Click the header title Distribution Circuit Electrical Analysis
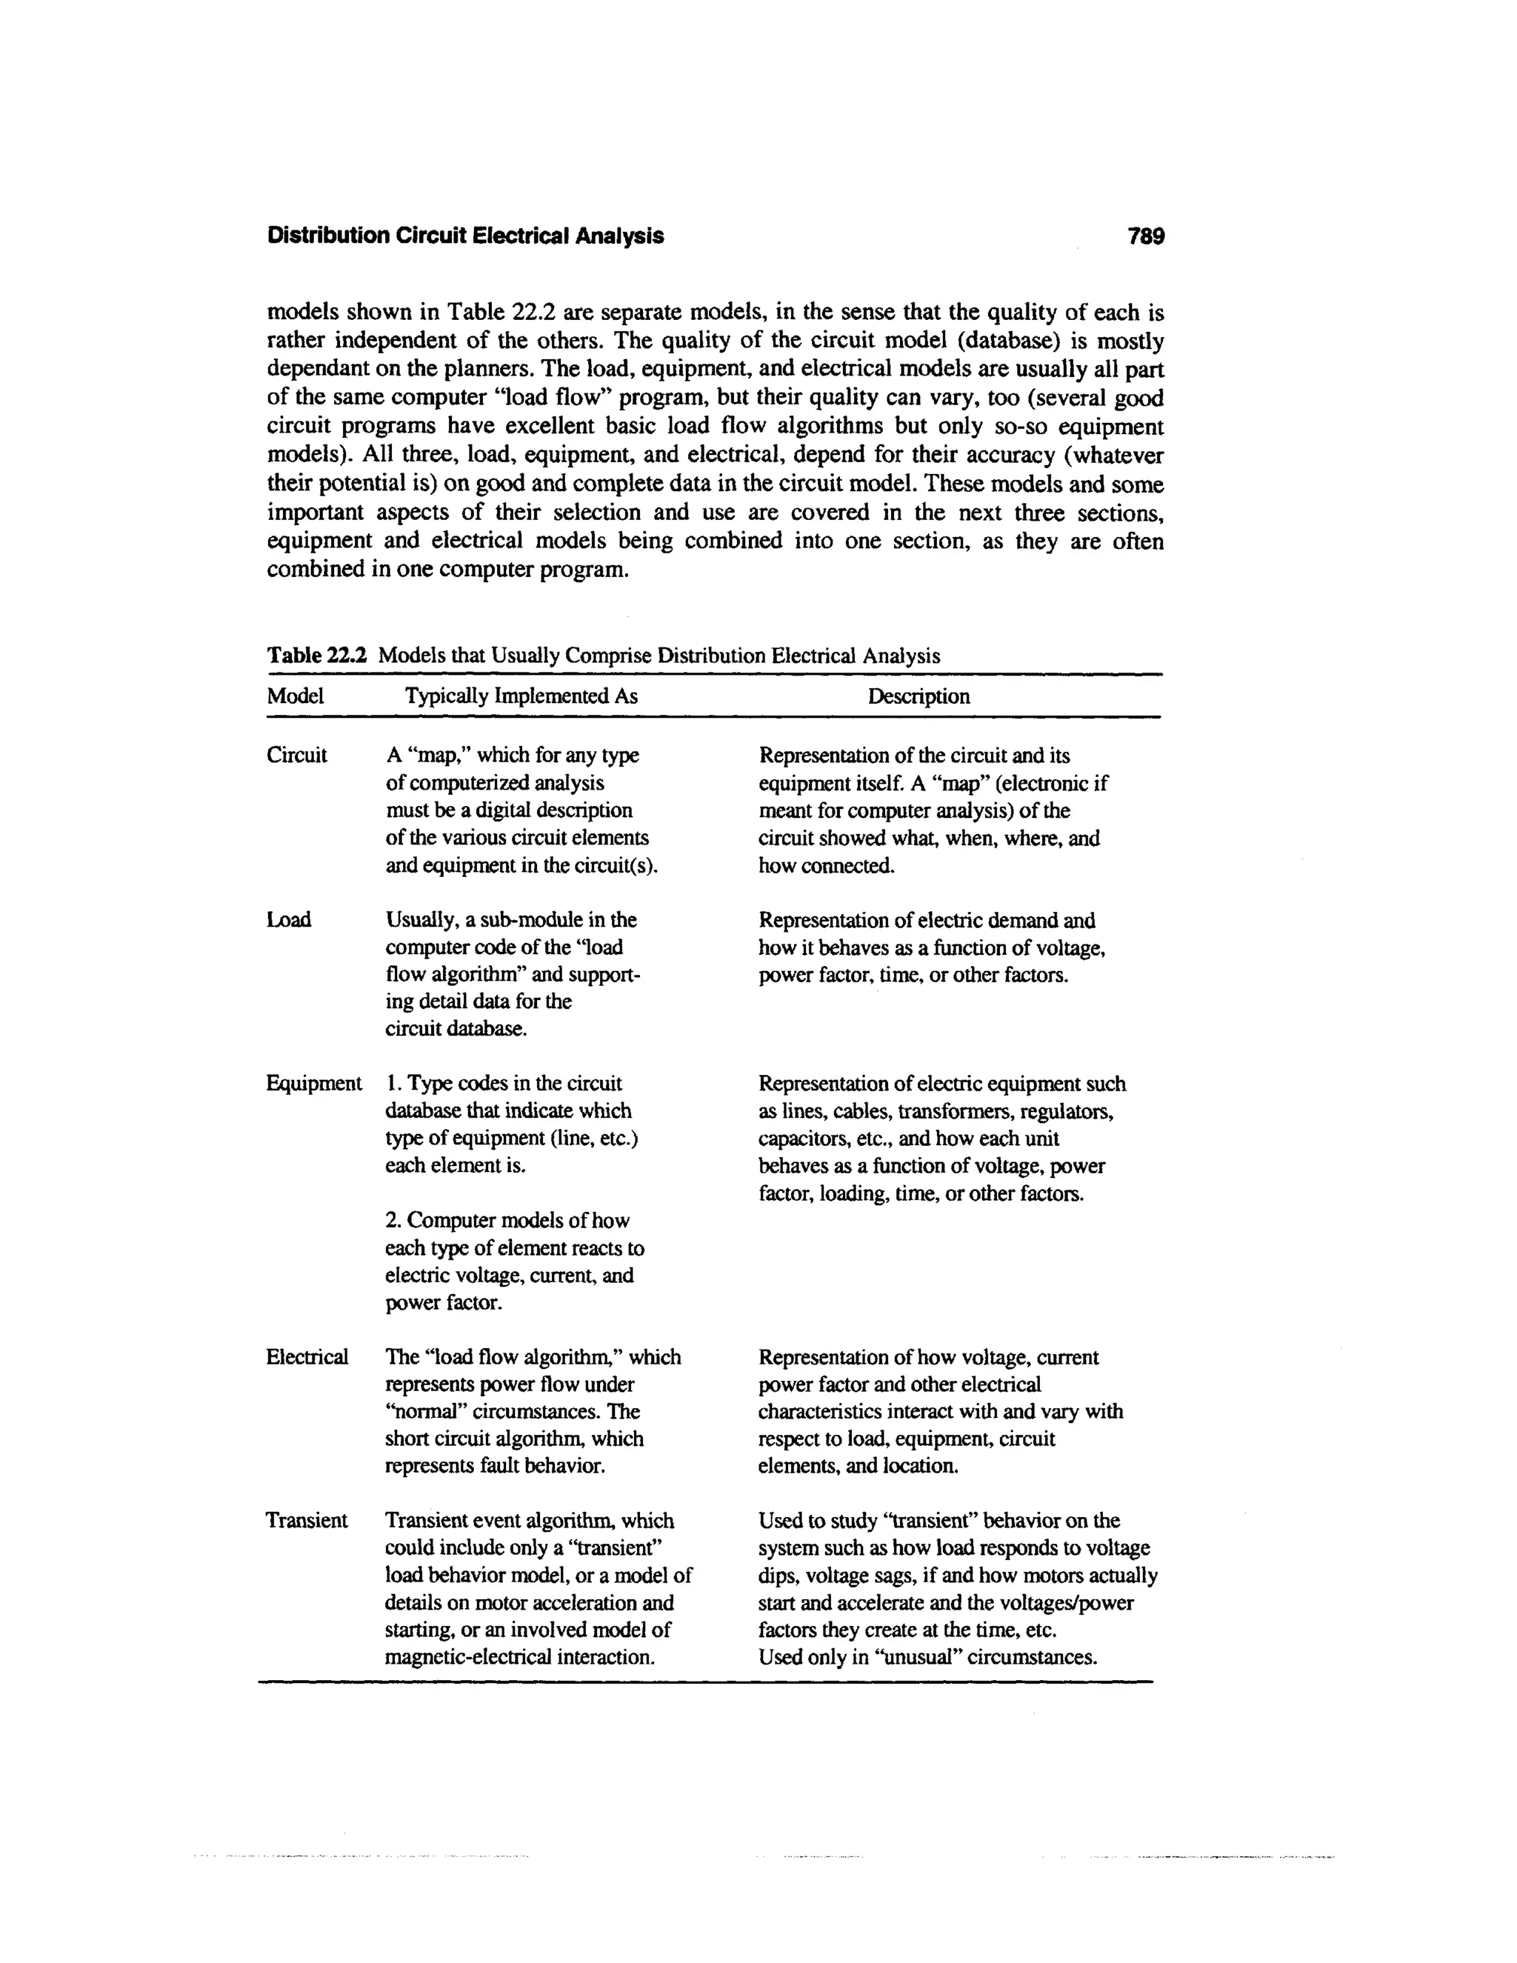click(x=465, y=236)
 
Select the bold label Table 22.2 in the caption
click(x=317, y=656)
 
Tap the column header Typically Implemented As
click(x=521, y=696)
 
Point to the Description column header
click(x=918, y=696)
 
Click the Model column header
click(x=295, y=696)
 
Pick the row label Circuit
click(x=296, y=755)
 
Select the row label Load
click(x=288, y=919)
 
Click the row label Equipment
click(x=313, y=1083)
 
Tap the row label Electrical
click(x=307, y=1357)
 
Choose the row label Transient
click(x=307, y=1521)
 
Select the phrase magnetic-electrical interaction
click(x=519, y=1656)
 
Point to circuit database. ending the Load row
click(x=456, y=1029)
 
